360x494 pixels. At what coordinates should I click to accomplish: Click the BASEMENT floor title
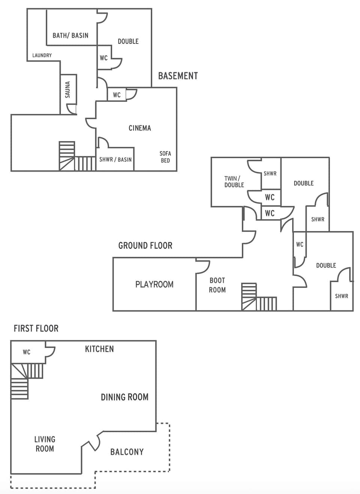pos(178,76)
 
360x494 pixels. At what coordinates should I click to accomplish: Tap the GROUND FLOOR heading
pos(145,246)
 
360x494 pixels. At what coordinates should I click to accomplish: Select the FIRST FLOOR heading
pos(36,328)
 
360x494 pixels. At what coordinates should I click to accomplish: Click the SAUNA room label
pos(67,90)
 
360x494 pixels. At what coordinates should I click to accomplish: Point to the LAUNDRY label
pos(42,55)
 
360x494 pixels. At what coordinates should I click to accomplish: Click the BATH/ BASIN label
pos(70,35)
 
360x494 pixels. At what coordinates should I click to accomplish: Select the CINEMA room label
pos(139,128)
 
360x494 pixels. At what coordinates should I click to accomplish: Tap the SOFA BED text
pos(165,157)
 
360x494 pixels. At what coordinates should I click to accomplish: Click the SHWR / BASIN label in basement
pos(115,159)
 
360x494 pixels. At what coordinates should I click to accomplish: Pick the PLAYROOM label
pos(154,284)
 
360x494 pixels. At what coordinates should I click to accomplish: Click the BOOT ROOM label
pos(217,285)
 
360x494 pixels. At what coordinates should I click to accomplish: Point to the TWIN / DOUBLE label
pos(234,181)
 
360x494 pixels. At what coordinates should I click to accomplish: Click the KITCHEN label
pos(99,349)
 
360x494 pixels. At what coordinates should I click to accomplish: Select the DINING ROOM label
pos(124,397)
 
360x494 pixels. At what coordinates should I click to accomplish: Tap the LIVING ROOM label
pos(45,444)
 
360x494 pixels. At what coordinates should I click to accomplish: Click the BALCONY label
pos(127,452)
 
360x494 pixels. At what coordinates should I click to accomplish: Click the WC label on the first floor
pos(27,352)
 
